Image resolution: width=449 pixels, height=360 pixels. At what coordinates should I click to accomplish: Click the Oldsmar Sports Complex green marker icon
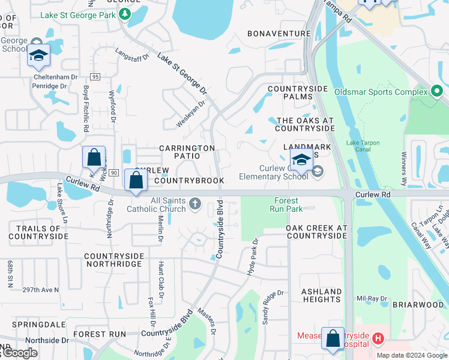click(x=437, y=92)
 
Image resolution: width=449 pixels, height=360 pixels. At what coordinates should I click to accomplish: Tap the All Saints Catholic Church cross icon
click(x=194, y=204)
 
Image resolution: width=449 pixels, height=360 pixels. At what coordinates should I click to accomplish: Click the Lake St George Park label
click(x=78, y=14)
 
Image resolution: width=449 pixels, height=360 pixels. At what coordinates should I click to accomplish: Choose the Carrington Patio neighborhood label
click(x=187, y=152)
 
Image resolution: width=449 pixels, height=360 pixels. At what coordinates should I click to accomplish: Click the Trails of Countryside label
click(x=38, y=233)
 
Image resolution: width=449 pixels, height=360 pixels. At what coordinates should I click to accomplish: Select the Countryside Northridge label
click(x=114, y=260)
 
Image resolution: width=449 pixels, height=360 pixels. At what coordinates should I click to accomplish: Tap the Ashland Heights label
click(x=321, y=295)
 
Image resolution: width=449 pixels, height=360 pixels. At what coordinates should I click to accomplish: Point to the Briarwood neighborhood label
click(x=418, y=305)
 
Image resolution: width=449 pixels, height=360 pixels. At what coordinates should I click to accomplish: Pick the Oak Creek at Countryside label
click(x=316, y=232)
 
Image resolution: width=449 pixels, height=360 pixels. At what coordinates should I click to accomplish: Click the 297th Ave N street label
click(x=41, y=290)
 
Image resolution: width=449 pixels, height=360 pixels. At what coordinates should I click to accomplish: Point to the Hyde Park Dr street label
click(x=252, y=258)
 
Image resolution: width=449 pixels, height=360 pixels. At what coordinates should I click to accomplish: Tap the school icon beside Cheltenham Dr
click(x=38, y=56)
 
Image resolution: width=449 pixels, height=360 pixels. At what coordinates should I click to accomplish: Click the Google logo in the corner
click(x=20, y=353)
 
